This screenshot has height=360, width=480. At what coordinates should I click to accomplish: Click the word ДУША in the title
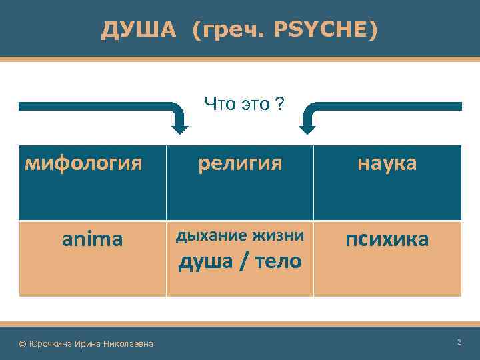[x=139, y=29]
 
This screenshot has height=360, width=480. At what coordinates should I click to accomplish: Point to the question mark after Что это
[x=279, y=103]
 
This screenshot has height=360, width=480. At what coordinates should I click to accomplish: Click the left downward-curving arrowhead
[x=179, y=124]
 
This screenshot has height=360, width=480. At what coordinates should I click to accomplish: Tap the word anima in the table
[x=92, y=239]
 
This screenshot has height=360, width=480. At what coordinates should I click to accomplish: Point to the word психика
[x=387, y=239]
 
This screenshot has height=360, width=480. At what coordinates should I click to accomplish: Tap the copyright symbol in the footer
[x=23, y=343]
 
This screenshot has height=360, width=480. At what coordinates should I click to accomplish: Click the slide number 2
[x=459, y=342]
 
